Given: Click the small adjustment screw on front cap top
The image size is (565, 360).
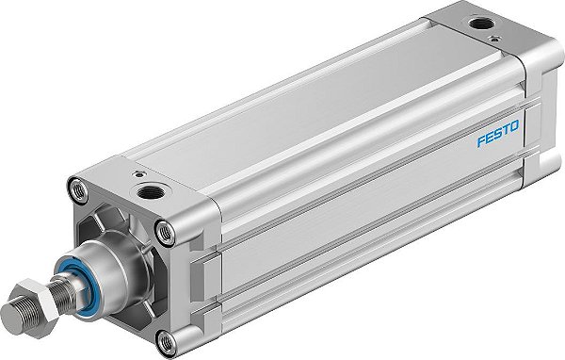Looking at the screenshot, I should click(x=138, y=175).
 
